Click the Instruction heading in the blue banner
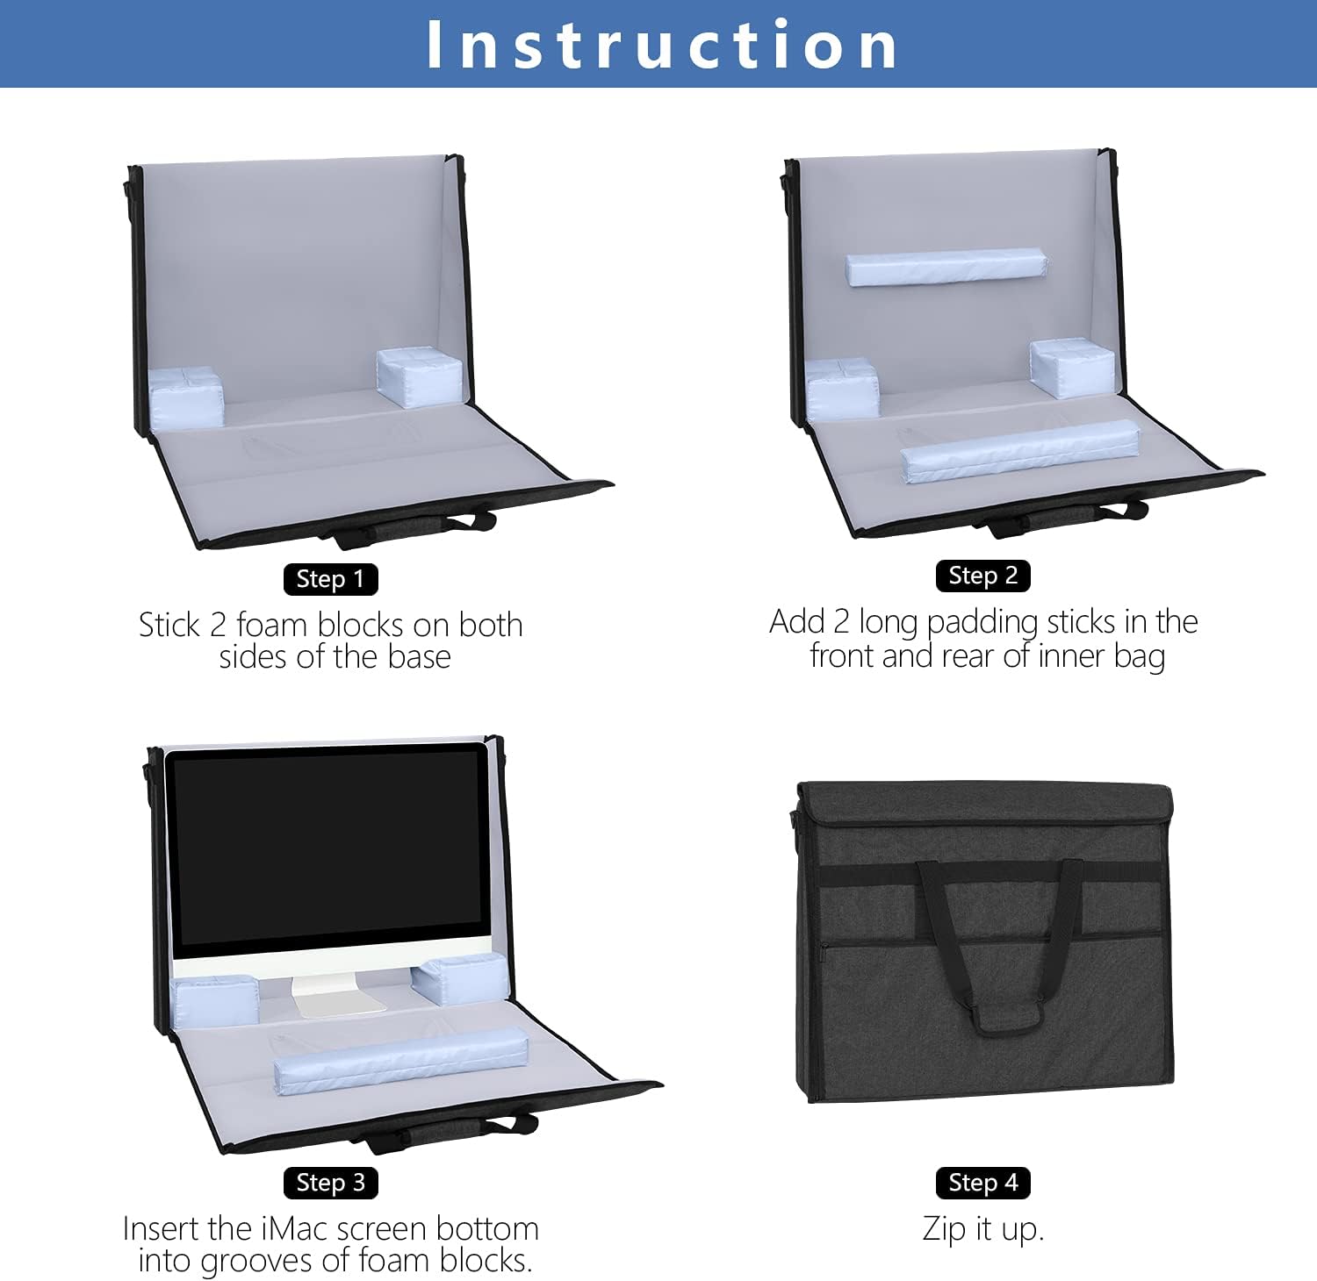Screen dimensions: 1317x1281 662,44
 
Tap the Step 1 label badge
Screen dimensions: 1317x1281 330,579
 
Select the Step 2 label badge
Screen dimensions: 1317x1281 982,576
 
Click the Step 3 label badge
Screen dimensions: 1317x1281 330,1183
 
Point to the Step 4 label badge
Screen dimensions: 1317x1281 982,1183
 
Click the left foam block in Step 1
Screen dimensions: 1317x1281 185,397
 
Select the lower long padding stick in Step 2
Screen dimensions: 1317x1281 1020,451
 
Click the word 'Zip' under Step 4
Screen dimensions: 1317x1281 945,1230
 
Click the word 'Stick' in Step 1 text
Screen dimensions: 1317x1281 170,625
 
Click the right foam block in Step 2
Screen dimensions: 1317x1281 1073,369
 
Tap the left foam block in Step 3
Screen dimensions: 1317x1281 216,1001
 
